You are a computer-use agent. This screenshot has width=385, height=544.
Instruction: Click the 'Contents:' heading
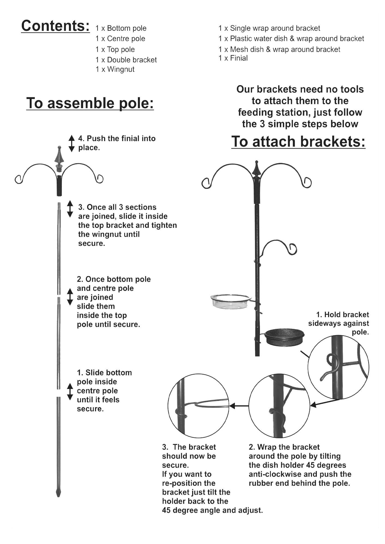(x=56, y=26)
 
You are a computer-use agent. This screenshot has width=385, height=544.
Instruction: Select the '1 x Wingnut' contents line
(x=115, y=69)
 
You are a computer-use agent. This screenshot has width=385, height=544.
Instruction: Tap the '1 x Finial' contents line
(x=233, y=58)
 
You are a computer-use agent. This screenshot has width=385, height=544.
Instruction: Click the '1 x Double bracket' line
(x=126, y=60)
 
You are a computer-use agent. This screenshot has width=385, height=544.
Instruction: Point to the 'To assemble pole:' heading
(x=90, y=103)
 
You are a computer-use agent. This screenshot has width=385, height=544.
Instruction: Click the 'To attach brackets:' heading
(x=298, y=142)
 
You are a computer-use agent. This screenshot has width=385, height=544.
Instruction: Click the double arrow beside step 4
(x=71, y=143)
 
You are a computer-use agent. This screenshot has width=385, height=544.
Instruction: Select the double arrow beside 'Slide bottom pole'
(x=70, y=391)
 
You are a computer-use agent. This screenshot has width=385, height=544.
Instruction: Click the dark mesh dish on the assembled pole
(x=284, y=336)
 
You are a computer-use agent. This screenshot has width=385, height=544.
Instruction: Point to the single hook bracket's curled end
(x=293, y=248)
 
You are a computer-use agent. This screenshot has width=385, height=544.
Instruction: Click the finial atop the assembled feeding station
(x=256, y=169)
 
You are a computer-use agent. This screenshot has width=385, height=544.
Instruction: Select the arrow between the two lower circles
(x=240, y=406)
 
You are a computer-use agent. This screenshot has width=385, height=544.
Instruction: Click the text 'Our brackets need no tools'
(x=300, y=89)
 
